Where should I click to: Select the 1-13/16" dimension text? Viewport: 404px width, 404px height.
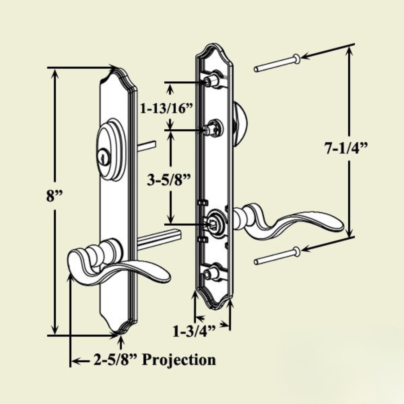tap(167, 109)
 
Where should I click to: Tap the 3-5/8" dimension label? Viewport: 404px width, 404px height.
tap(169, 180)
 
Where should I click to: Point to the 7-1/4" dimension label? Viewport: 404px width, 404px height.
tap(346, 148)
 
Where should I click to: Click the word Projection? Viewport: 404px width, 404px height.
tap(179, 360)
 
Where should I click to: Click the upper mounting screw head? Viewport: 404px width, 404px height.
tap(297, 59)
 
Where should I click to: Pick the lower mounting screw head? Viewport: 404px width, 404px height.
tap(297, 251)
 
